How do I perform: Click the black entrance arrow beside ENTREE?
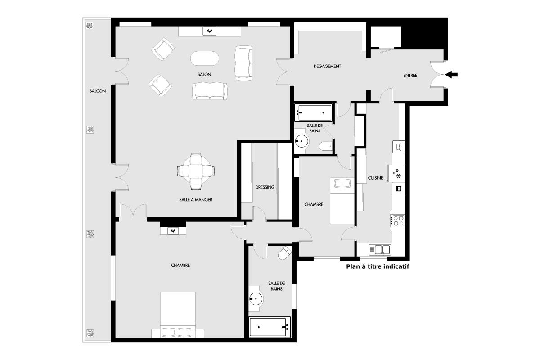click(x=451, y=75)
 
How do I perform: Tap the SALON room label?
click(x=204, y=75)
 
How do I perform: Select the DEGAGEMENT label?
click(x=327, y=66)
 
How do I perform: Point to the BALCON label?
click(x=98, y=91)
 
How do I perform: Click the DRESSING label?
click(x=265, y=187)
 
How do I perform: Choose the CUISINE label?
click(x=375, y=178)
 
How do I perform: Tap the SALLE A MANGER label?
click(x=195, y=200)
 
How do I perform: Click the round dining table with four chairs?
click(x=196, y=171)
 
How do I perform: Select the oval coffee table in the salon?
click(x=205, y=58)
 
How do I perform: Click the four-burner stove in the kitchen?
click(x=398, y=220)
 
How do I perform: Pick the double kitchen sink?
click(x=380, y=250)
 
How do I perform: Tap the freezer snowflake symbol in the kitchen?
click(x=396, y=174)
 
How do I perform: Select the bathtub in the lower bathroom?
click(x=270, y=327)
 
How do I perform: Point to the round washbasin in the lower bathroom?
click(x=256, y=299)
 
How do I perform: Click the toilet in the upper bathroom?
click(x=326, y=146)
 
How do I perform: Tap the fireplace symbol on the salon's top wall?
click(x=210, y=31)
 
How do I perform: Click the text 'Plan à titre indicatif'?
click(x=378, y=266)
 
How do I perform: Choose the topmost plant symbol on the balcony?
click(x=90, y=25)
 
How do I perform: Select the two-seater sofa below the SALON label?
click(x=210, y=91)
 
